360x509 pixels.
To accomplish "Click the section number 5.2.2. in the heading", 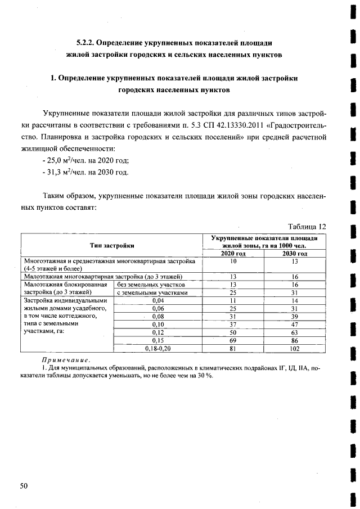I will pyautogui.click(x=89, y=43).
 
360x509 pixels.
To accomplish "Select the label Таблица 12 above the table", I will pyautogui.click(x=307, y=226).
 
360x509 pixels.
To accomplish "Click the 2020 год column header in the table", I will pyautogui.click(x=233, y=254).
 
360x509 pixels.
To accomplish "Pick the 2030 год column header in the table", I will pyautogui.click(x=294, y=254).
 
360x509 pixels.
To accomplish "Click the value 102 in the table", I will pyautogui.click(x=294, y=349).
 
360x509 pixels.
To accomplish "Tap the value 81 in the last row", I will pyautogui.click(x=233, y=349).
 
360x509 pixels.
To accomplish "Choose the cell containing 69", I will pyautogui.click(x=233, y=341).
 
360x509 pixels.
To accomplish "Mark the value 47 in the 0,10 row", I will pyautogui.click(x=294, y=325).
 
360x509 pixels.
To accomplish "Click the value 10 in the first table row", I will pyautogui.click(x=233, y=262).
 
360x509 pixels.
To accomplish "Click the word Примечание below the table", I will pyautogui.click(x=66, y=360).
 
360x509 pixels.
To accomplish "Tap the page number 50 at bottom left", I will pyautogui.click(x=24, y=485).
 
